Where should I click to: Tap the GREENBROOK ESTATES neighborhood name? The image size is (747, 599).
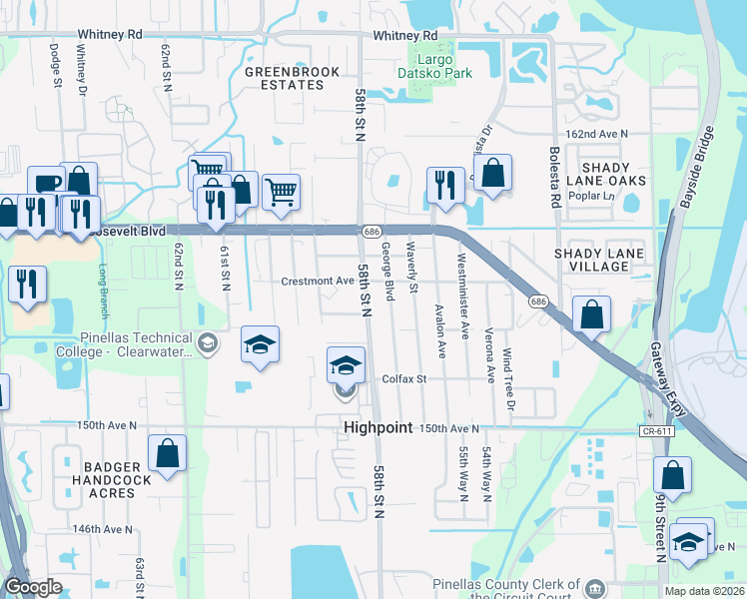(285, 78)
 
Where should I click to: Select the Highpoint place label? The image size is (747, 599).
(377, 427)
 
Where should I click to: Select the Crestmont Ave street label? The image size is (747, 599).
(317, 282)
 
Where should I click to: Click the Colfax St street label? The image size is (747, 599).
(404, 379)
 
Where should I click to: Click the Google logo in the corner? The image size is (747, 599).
(32, 588)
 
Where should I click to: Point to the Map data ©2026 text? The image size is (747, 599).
(703, 591)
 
